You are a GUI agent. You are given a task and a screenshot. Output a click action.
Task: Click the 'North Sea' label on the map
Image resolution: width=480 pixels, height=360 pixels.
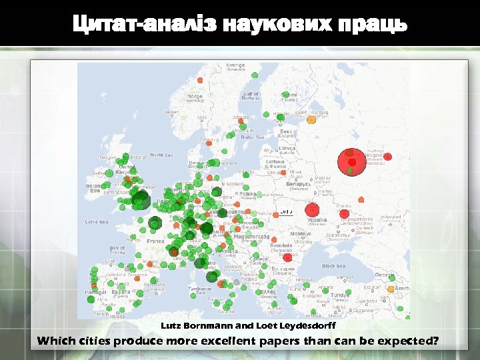point(161,155)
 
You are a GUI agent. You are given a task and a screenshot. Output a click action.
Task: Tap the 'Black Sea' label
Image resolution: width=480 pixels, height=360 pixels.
point(333,265)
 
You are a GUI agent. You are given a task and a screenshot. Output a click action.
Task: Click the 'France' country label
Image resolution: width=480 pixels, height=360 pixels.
point(155,241)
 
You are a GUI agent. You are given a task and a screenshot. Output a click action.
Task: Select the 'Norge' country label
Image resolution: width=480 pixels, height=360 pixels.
point(195,97)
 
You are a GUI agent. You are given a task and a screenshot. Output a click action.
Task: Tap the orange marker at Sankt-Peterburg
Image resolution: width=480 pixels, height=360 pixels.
point(311,120)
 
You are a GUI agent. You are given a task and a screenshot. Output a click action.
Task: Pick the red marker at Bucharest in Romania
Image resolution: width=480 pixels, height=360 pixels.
point(288,257)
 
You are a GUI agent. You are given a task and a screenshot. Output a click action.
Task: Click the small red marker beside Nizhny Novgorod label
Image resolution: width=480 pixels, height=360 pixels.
point(388,157)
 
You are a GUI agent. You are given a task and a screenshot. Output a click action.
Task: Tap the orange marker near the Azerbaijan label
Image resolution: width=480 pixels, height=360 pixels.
point(391,289)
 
